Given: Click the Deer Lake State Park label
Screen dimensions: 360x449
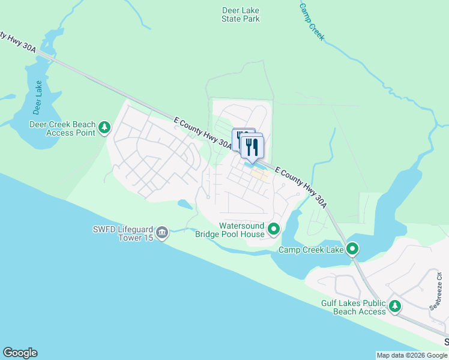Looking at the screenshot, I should coord(240,15).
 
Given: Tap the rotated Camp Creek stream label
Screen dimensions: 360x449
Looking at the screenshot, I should coord(312,21).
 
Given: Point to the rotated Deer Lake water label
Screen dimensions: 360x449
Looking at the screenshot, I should coord(39,97).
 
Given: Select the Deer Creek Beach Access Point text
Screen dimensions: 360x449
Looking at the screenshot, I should coord(62,128).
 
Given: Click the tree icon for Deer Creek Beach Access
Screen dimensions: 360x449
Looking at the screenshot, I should coord(105,127).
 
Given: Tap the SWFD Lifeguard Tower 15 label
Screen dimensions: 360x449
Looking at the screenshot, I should coord(122,232).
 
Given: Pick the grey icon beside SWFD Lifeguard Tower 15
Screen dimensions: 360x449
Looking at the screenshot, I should coord(161,232).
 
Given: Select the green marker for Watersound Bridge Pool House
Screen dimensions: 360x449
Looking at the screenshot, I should coord(274,229).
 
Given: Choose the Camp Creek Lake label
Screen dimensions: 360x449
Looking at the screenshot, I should coord(311,249).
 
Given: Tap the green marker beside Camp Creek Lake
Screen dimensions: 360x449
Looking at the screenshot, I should coord(352,248).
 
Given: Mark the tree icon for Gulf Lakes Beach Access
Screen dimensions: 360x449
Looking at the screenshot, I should coord(395,307).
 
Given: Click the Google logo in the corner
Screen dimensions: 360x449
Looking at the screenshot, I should coord(20,353).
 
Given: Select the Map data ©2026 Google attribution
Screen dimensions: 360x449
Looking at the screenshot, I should coord(412,355).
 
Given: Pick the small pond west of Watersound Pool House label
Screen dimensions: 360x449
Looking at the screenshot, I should coord(184,205).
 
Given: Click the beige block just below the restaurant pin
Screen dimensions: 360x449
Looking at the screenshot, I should coord(259,175).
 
